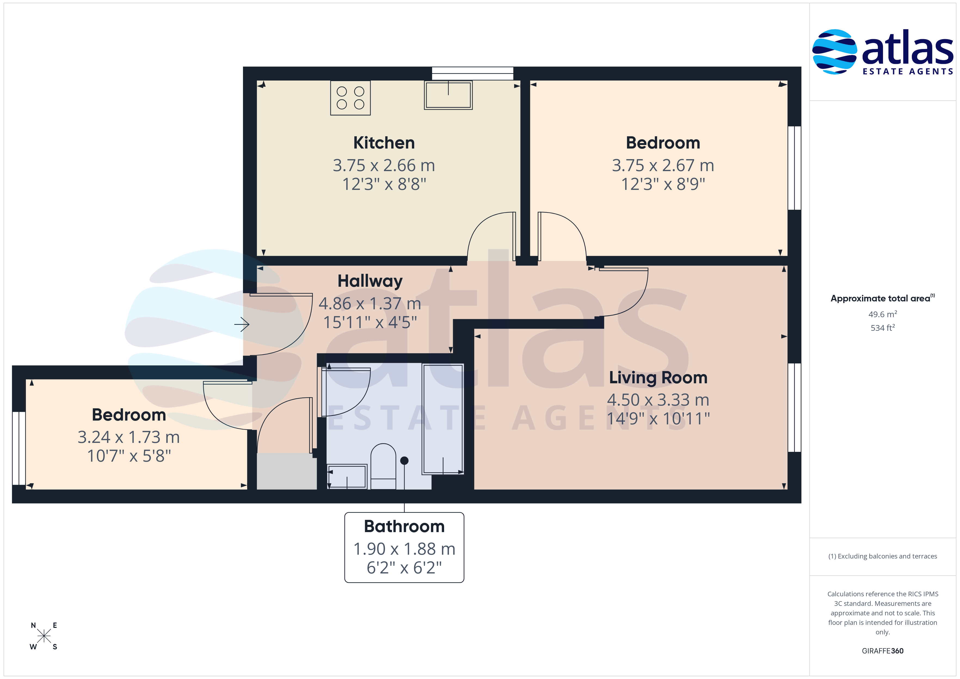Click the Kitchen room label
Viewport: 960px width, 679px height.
[x=384, y=143]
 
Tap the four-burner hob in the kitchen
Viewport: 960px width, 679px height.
[x=350, y=98]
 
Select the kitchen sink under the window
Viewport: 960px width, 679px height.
[x=448, y=95]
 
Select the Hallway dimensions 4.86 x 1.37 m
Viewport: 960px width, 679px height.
[x=370, y=304]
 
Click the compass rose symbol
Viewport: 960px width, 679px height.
[x=44, y=636]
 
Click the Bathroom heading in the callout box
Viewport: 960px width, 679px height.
[x=404, y=526]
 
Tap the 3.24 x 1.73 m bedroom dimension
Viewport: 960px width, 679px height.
[x=129, y=437]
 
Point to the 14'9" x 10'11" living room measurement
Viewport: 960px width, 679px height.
[x=658, y=418]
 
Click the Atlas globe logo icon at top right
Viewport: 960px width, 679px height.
[x=835, y=51]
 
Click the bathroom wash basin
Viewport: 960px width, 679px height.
[x=347, y=476]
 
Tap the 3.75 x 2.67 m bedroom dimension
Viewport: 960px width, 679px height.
[x=663, y=166]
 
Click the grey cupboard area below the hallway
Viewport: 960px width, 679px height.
[x=287, y=471]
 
